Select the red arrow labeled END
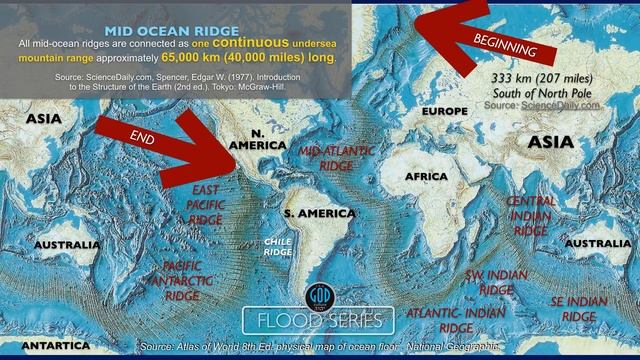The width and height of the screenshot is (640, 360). pyautogui.click(x=165, y=140)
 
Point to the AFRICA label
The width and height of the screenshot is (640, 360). pyautogui.click(x=427, y=177)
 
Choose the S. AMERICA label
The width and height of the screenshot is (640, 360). pyautogui.click(x=320, y=214)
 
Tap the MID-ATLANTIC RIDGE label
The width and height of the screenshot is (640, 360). pyautogui.click(x=337, y=157)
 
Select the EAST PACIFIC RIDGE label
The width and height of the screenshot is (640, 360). pyautogui.click(x=206, y=204)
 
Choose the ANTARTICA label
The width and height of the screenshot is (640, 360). pyautogui.click(x=46, y=345)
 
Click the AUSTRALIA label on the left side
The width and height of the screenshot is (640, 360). pyautogui.click(x=66, y=245)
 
